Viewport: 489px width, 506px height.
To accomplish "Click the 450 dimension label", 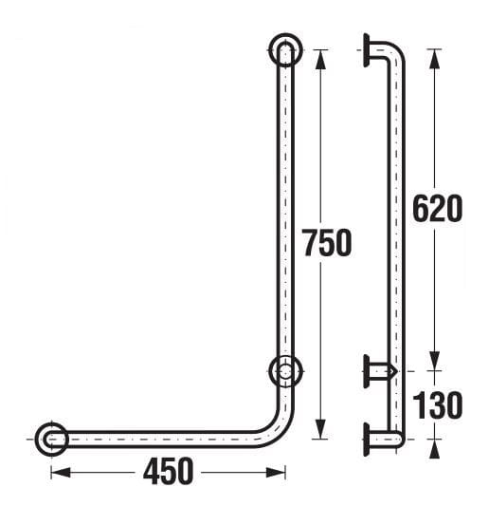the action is click(168, 472).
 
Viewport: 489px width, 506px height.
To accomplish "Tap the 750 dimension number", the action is click(327, 243).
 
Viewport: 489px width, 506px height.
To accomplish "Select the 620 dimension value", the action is click(438, 209).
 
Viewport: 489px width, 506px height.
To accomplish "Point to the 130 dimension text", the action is click(438, 405).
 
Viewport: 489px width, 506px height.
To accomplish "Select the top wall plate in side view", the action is click(366, 50).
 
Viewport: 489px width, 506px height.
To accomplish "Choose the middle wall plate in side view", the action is click(366, 371).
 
